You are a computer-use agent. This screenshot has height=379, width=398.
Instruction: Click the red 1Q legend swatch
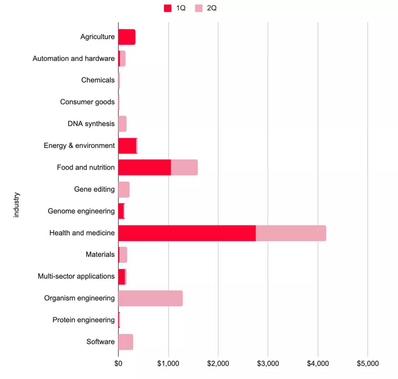168,8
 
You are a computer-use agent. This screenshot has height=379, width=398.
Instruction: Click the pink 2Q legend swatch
198,8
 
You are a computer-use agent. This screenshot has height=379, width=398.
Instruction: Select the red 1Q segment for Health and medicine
187,233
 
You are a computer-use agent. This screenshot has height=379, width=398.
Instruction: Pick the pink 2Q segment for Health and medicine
291,233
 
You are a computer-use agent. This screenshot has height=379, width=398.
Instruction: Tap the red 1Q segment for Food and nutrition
145,167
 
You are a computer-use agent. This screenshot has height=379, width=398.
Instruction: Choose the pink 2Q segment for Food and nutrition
184,167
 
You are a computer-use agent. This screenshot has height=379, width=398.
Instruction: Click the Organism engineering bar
151,298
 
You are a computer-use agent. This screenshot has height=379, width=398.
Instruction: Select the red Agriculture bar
127,37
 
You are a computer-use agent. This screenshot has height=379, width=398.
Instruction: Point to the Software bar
126,342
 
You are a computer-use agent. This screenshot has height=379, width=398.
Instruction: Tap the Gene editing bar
124,189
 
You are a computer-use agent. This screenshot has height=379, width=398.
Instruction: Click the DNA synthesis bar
122,124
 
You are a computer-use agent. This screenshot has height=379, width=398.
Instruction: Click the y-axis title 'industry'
16,204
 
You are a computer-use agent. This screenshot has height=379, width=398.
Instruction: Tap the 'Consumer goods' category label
87,102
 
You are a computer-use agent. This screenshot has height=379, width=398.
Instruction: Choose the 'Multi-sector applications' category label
76,276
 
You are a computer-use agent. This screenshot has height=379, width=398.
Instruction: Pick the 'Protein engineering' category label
84,320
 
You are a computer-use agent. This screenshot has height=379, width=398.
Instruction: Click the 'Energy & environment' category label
79,145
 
